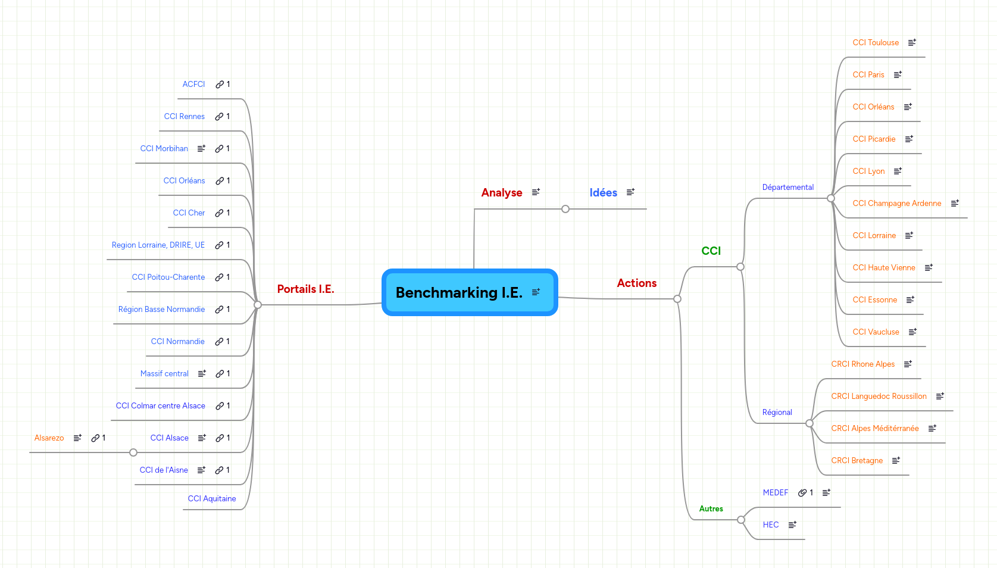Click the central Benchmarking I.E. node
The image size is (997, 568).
pyautogui.click(x=459, y=292)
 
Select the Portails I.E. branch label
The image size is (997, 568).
pyautogui.click(x=305, y=289)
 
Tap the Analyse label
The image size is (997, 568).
pyautogui.click(x=501, y=192)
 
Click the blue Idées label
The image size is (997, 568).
pyautogui.click(x=603, y=192)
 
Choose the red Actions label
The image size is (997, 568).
pyautogui.click(x=636, y=283)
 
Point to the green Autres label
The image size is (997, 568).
pyautogui.click(x=711, y=508)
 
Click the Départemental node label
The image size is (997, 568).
pyautogui.click(x=787, y=187)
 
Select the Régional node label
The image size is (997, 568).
pyautogui.click(x=777, y=412)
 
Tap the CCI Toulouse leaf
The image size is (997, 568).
pyautogui.click(x=875, y=42)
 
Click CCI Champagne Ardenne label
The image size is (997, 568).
pyautogui.click(x=896, y=203)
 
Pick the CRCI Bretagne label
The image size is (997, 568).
pyautogui.click(x=857, y=460)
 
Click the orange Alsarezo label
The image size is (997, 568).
pyautogui.click(x=49, y=438)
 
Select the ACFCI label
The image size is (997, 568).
pyautogui.click(x=193, y=84)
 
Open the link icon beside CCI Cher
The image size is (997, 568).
pyautogui.click(x=220, y=213)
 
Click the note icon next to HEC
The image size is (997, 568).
pyautogui.click(x=792, y=525)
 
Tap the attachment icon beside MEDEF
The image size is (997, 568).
pyautogui.click(x=802, y=492)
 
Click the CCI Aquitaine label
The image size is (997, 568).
pyautogui.click(x=211, y=498)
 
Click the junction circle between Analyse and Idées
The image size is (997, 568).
pyautogui.click(x=565, y=209)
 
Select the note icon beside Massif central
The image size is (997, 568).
pyautogui.click(x=202, y=373)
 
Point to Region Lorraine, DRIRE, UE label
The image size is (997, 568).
pyautogui.click(x=158, y=245)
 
